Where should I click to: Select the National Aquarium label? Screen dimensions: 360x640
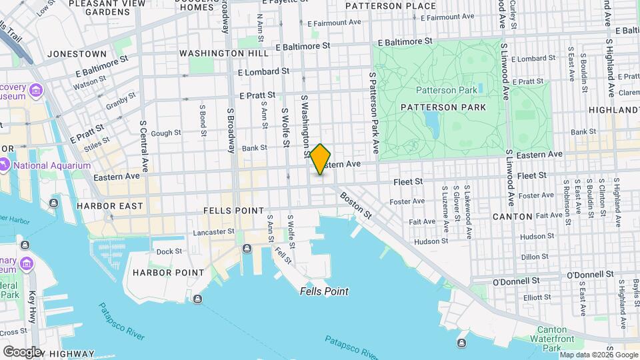coord(50,165)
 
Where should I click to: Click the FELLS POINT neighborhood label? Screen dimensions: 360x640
coord(231,211)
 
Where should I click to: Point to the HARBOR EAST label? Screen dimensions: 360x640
coord(110,206)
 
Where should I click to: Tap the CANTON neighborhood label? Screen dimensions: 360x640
coord(512,217)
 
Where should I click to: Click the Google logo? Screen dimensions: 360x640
coord(23,351)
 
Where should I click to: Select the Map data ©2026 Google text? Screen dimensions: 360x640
coord(599,354)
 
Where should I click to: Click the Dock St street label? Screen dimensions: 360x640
coord(169,251)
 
